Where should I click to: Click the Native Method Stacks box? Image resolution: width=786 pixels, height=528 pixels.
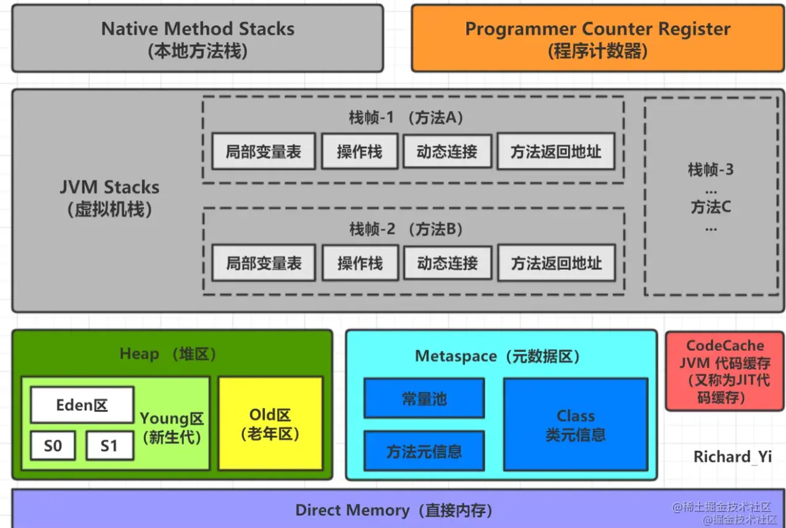point(198,38)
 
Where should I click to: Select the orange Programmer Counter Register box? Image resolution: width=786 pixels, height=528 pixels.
point(597,38)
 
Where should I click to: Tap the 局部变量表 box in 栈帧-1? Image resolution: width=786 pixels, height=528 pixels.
point(263,151)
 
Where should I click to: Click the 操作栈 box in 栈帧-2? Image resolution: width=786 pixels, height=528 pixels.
point(359,264)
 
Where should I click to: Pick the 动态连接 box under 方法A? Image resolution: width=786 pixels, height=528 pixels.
point(447,151)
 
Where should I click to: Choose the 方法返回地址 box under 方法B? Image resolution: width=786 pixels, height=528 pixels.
point(556,264)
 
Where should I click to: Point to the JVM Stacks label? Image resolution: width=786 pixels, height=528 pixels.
point(109,188)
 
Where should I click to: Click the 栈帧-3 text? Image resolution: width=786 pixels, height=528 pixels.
point(711,170)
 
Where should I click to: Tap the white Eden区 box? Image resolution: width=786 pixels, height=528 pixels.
point(82,405)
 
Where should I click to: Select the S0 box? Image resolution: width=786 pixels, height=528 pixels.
point(53,446)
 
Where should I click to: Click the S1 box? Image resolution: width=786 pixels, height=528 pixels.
point(109,446)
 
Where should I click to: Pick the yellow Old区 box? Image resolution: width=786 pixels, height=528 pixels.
point(270,424)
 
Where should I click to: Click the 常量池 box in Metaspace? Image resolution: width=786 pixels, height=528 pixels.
point(424,399)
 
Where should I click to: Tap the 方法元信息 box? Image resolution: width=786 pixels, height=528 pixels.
point(424,451)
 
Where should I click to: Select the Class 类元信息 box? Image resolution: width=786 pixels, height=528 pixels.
point(575,425)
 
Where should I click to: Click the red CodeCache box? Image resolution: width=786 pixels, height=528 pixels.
point(724,371)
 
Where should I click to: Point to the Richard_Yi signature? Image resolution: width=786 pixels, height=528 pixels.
point(732,457)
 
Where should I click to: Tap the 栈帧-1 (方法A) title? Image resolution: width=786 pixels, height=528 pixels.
point(406,118)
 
